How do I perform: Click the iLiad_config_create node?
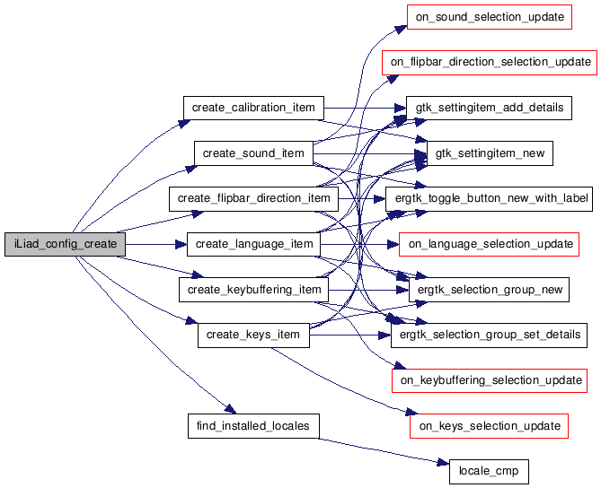(x=65, y=244)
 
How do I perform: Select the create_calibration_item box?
(x=253, y=108)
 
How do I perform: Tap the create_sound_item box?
(x=253, y=153)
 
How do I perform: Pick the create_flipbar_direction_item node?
(x=253, y=198)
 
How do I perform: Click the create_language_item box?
(x=253, y=244)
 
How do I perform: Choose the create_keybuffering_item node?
(x=253, y=290)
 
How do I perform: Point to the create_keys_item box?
(x=253, y=335)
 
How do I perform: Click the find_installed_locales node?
(x=253, y=425)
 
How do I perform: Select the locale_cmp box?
(x=489, y=471)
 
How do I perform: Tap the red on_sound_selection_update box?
(x=489, y=17)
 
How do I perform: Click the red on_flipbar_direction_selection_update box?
(x=489, y=62)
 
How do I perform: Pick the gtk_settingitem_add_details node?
(x=489, y=108)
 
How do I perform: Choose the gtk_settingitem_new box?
(x=489, y=153)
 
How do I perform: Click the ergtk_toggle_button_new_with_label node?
(x=489, y=198)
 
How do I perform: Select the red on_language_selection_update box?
(x=489, y=244)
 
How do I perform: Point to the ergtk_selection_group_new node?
(x=489, y=290)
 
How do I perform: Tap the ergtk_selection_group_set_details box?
(x=489, y=335)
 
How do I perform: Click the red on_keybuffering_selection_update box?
(x=489, y=380)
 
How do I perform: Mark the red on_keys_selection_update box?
(x=489, y=425)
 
